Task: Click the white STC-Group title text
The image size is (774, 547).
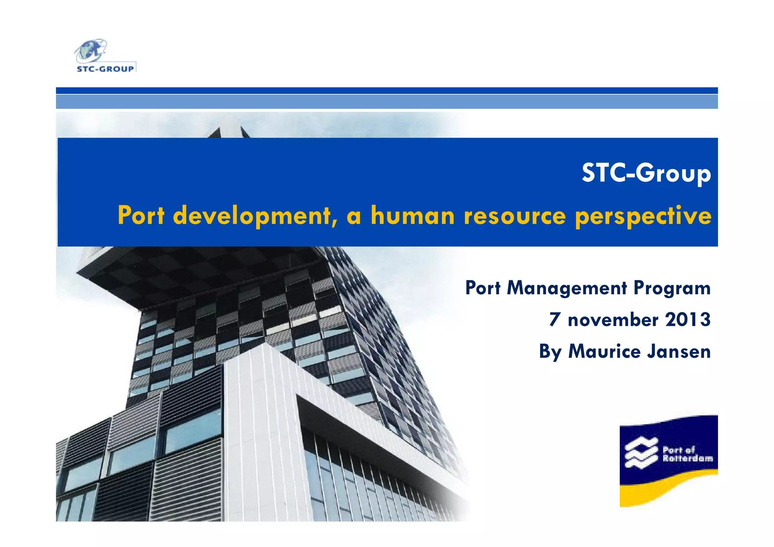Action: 646,173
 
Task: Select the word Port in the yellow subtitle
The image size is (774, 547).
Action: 141,215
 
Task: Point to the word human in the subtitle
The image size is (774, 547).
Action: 412,215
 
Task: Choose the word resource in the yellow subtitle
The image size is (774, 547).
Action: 515,215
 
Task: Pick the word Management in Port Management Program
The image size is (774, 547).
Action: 567,288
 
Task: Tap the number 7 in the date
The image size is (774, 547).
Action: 554,320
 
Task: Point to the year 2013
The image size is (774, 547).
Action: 688,320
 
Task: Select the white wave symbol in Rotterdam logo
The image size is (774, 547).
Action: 641,453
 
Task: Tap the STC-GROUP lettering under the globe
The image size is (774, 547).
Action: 105,69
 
